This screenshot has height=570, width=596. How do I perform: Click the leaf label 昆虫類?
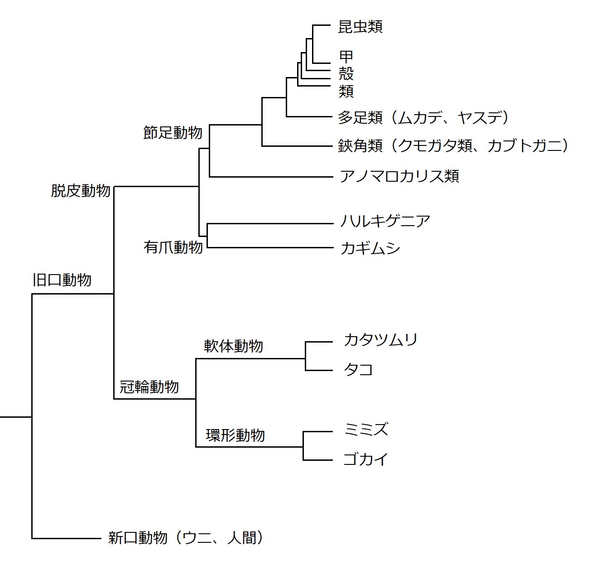tap(360, 27)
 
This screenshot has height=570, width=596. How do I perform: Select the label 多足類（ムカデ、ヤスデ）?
tap(424, 118)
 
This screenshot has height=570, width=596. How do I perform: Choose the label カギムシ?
tap(370, 248)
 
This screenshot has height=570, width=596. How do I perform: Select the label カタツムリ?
tap(380, 340)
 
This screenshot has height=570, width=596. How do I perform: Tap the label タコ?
tap(358, 370)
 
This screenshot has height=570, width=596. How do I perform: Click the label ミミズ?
tap(366, 429)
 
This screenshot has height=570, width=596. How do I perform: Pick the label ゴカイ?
tap(366, 459)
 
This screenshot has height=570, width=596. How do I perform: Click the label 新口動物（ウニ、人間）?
tap(186, 538)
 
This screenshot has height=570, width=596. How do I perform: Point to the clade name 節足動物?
tap(173, 133)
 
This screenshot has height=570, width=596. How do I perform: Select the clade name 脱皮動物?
tap(81, 191)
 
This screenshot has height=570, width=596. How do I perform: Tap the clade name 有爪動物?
tap(173, 247)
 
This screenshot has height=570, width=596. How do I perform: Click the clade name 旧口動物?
tap(62, 280)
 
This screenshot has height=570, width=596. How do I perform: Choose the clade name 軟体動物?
tap(233, 346)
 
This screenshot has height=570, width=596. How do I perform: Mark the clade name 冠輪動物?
tap(149, 387)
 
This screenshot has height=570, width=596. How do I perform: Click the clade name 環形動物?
tap(235, 435)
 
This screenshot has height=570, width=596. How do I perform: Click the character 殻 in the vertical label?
tap(346, 74)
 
